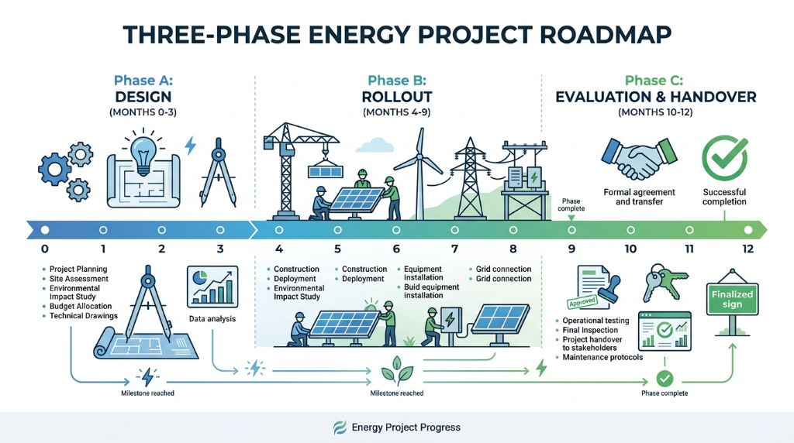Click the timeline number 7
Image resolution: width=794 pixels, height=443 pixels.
click(x=454, y=249)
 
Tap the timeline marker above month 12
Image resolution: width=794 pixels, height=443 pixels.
click(x=747, y=230)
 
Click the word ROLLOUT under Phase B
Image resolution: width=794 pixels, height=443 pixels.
click(x=397, y=98)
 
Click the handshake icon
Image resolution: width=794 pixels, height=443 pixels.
click(x=639, y=158)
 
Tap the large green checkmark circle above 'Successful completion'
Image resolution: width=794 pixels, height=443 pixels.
click(x=724, y=157)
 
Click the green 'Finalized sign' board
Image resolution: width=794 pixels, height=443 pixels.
click(x=732, y=299)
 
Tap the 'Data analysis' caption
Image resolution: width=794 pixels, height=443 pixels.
click(x=212, y=319)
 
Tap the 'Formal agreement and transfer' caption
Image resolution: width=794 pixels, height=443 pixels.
click(x=639, y=197)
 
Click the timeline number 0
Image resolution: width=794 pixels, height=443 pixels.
click(x=44, y=249)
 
